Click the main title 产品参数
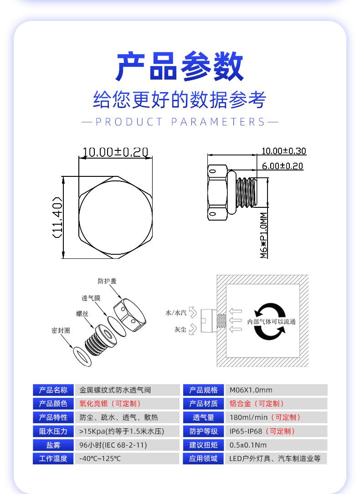pyautogui.click(x=180, y=67)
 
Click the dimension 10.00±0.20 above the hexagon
pyautogui.click(x=115, y=152)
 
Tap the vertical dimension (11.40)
pyautogui.click(x=57, y=217)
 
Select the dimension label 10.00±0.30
pyautogui.click(x=283, y=151)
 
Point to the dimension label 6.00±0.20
pyautogui.click(x=282, y=166)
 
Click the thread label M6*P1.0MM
pyautogui.click(x=264, y=235)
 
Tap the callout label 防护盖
pyautogui.click(x=107, y=281)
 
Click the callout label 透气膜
pyautogui.click(x=91, y=298)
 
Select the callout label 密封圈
pyautogui.click(x=61, y=330)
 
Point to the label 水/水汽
pyautogui.click(x=176, y=313)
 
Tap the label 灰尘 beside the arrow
pyautogui.click(x=180, y=329)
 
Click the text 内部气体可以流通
pyautogui.click(x=271, y=322)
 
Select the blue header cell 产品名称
pyautogui.click(x=53, y=390)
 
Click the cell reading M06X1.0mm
pyautogui.click(x=251, y=390)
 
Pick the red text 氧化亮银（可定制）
pyautogui.click(x=110, y=404)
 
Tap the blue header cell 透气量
pyautogui.click(x=203, y=417)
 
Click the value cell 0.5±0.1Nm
pyautogui.click(x=248, y=445)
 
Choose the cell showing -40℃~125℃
pyautogui.click(x=100, y=459)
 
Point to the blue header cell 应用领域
pyautogui.click(x=203, y=459)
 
